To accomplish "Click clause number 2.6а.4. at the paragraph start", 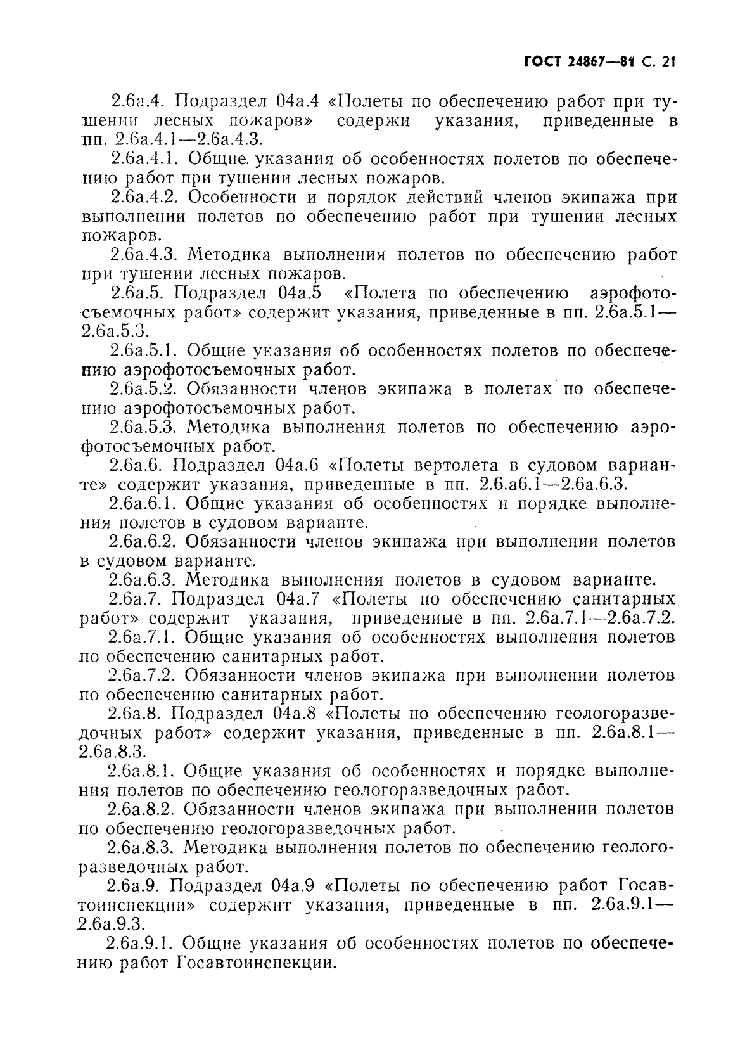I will [x=137, y=101].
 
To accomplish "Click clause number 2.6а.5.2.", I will [x=143, y=389].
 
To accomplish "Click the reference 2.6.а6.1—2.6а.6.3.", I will [x=554, y=485].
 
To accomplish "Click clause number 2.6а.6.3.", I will [x=143, y=580].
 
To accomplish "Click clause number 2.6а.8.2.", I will [x=141, y=809].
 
